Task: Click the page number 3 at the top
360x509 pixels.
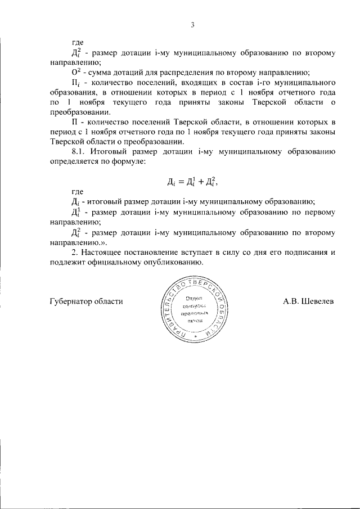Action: click(x=192, y=25)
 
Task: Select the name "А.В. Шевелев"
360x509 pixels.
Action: click(x=308, y=301)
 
